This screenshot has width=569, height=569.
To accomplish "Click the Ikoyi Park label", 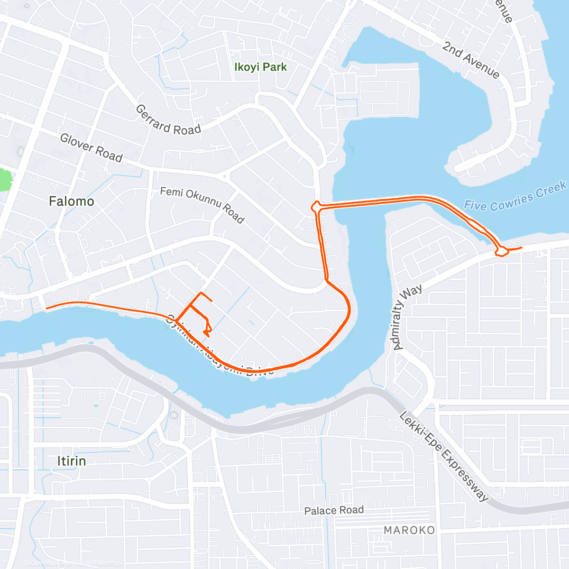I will point(261,67).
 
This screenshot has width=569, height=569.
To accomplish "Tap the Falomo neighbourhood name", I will point(72,202).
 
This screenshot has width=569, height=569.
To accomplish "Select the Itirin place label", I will point(72,461).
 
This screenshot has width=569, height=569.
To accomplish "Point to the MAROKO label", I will point(409,530).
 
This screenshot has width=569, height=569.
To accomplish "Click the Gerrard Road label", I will point(168,120).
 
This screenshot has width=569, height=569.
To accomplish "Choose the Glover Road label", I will point(92,147).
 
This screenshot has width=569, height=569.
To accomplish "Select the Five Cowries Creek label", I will point(515,196).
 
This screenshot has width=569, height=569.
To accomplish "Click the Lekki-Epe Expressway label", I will point(443,456).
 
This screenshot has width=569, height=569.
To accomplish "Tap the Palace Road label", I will point(334,511).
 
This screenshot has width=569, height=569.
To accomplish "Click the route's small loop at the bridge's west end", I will point(316,207).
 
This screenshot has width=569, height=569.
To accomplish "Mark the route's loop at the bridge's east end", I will point(501,250).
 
